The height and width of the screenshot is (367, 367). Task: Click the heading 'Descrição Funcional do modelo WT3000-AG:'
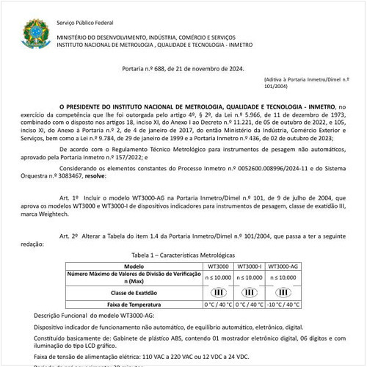point(90,315)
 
